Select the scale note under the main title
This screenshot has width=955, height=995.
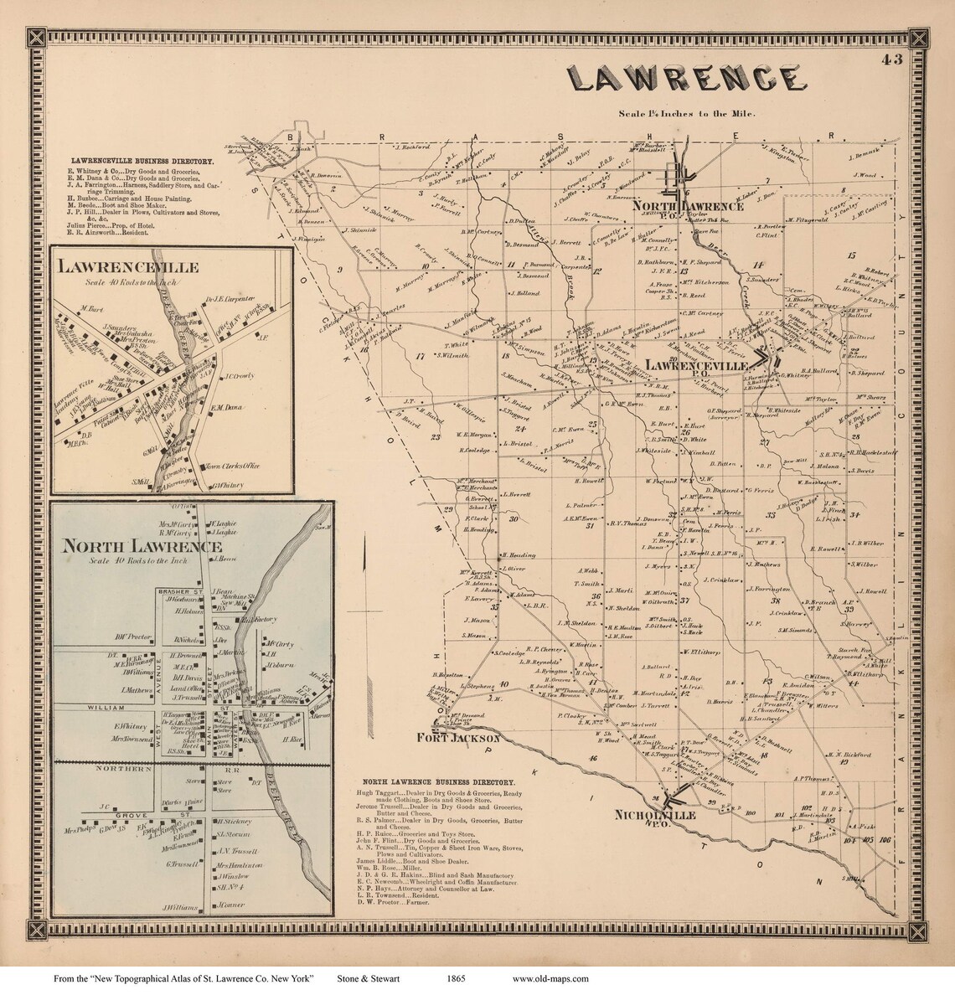(687, 114)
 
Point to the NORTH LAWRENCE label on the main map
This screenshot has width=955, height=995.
(688, 205)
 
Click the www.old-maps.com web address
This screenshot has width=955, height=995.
(550, 978)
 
